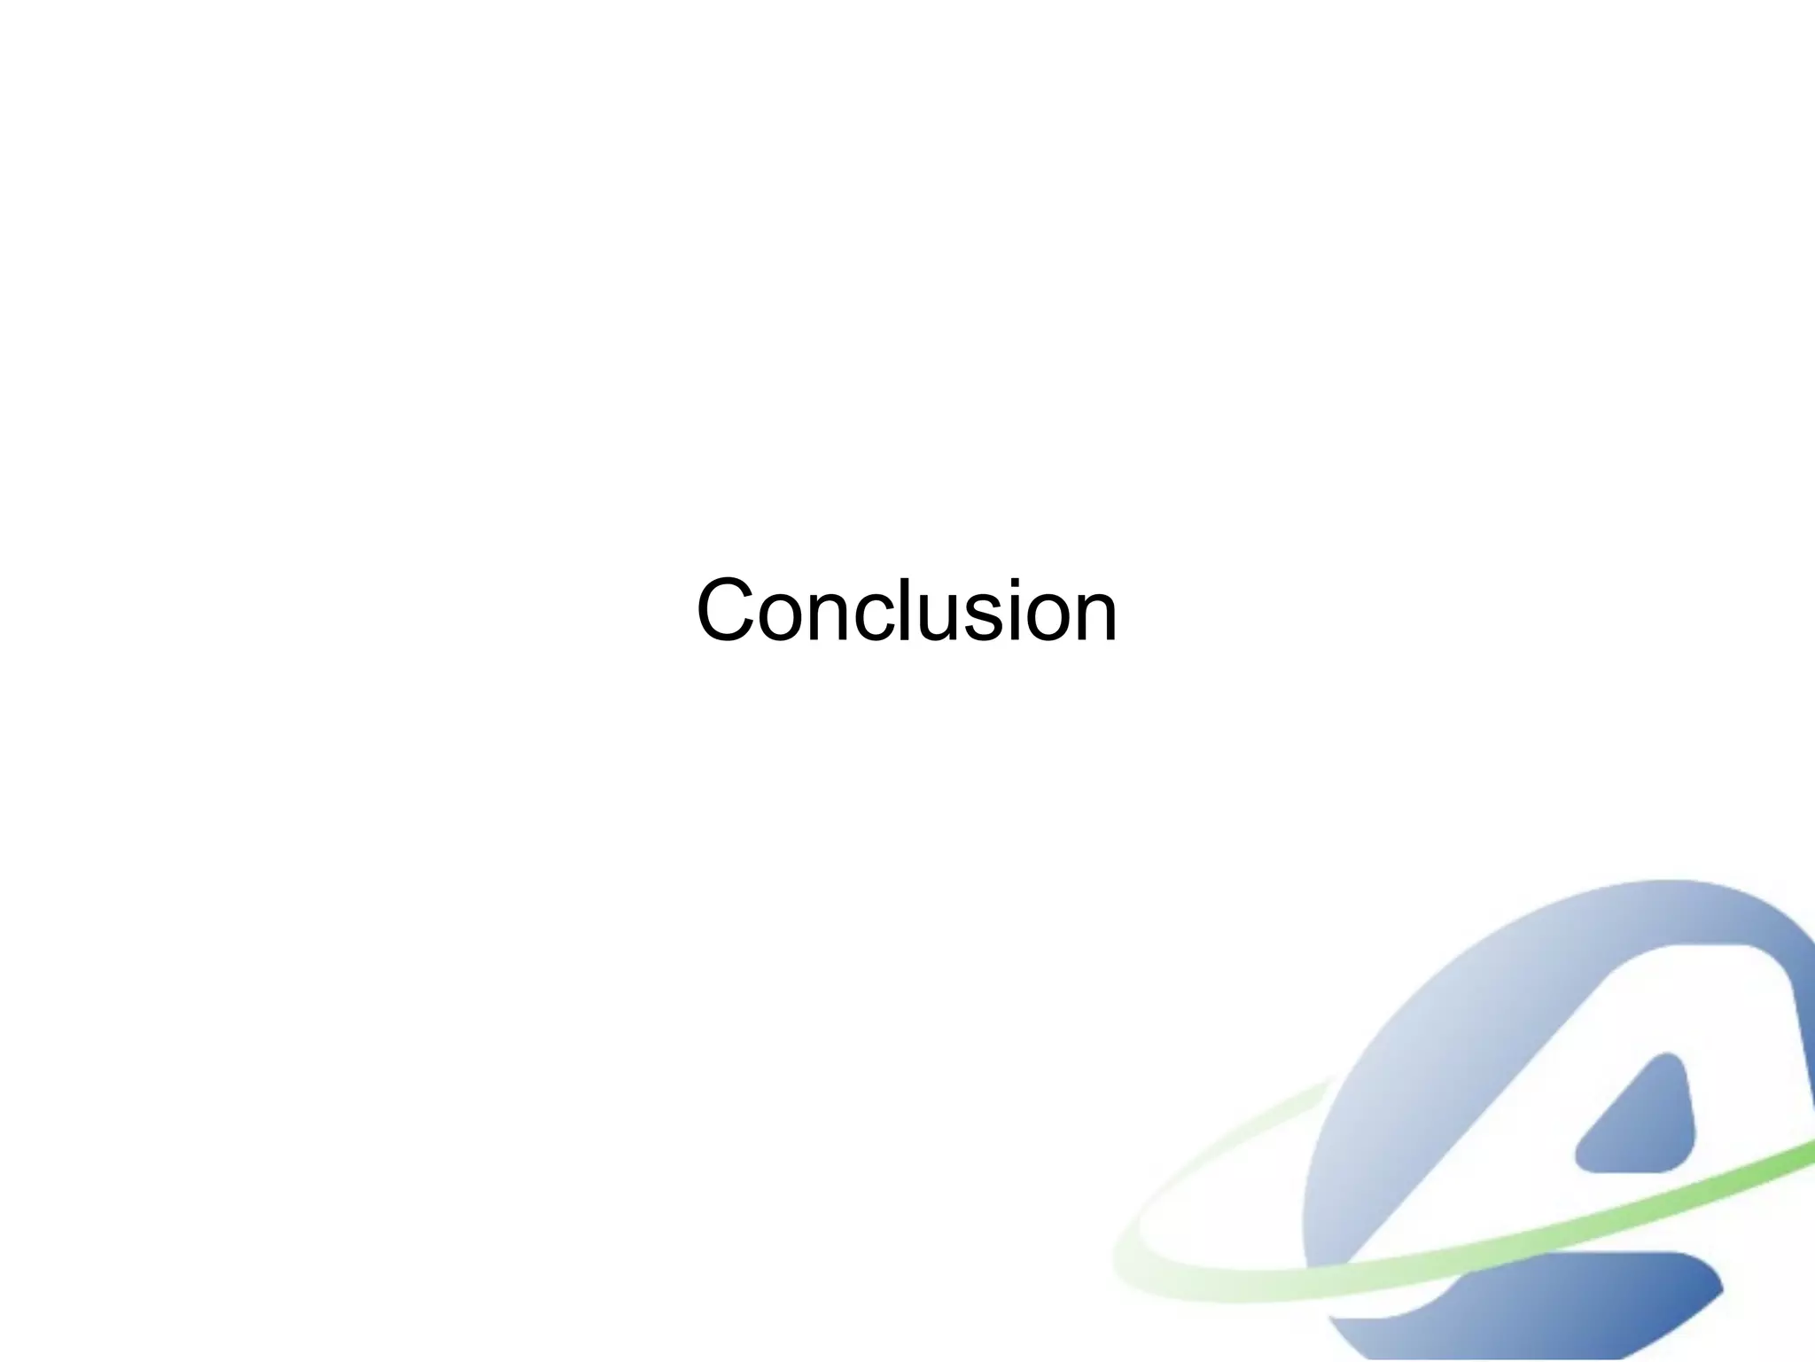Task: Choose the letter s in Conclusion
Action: (983, 617)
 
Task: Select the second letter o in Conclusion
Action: (1048, 617)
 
